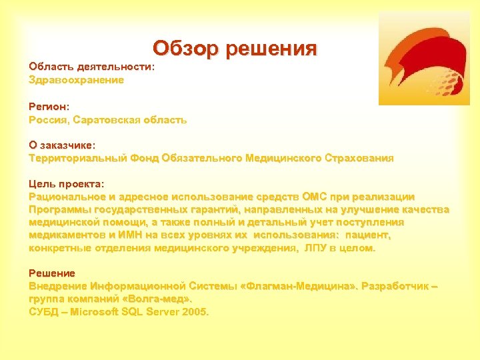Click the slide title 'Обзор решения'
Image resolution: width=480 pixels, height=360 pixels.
pos(235,49)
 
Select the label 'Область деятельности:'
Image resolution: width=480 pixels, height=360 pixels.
pos(91,67)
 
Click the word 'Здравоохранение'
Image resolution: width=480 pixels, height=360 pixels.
pos(76,80)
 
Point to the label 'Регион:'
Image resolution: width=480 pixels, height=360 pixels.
pos(49,106)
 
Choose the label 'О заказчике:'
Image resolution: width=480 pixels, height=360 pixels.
pos(62,145)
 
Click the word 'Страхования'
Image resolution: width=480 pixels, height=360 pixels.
pos(359,158)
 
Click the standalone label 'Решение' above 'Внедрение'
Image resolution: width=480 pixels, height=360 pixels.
pos(52,273)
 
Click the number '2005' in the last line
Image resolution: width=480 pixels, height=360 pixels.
pos(194,311)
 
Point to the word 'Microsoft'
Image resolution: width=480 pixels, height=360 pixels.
pos(99,311)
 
